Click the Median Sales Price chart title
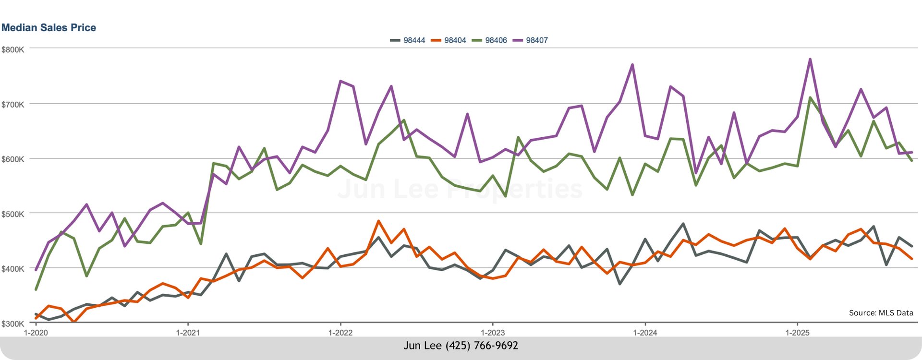tap(49, 28)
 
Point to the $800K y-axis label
tap(13, 50)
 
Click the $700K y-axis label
tap(13, 105)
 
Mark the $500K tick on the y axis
tap(13, 214)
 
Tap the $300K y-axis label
tap(13, 324)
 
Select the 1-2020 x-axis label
tap(36, 333)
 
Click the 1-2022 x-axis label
tap(340, 333)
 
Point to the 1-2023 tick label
tap(493, 333)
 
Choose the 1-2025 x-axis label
tap(797, 333)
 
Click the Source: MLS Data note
tap(881, 313)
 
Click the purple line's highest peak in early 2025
tap(810, 60)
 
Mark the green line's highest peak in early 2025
tap(810, 98)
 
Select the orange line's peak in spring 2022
tap(378, 221)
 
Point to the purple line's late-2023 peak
tap(632, 65)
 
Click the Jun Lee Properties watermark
tap(460, 189)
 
